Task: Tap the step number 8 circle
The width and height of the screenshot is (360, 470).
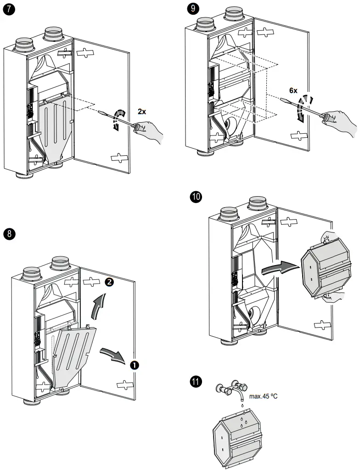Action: click(x=9, y=233)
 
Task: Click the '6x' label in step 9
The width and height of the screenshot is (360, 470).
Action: click(x=293, y=91)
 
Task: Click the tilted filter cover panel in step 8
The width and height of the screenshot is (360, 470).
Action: click(x=73, y=351)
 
